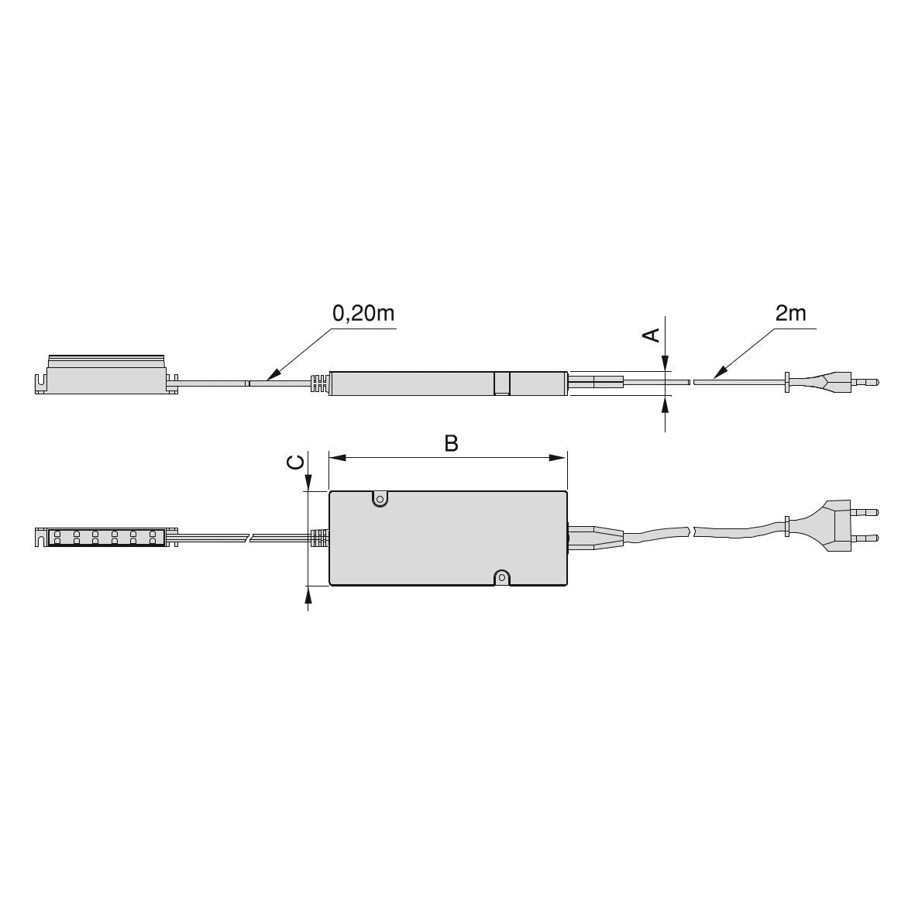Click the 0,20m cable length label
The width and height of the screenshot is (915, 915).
pos(363,314)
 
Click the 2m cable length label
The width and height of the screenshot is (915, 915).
pos(791,314)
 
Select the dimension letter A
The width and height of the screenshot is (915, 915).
pos(651,335)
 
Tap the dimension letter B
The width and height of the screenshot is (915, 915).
pos(451,443)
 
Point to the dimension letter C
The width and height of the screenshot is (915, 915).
pos(296,463)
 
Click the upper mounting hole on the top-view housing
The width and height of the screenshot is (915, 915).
pos(380,499)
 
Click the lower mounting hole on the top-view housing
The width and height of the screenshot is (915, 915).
pos(502,578)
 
